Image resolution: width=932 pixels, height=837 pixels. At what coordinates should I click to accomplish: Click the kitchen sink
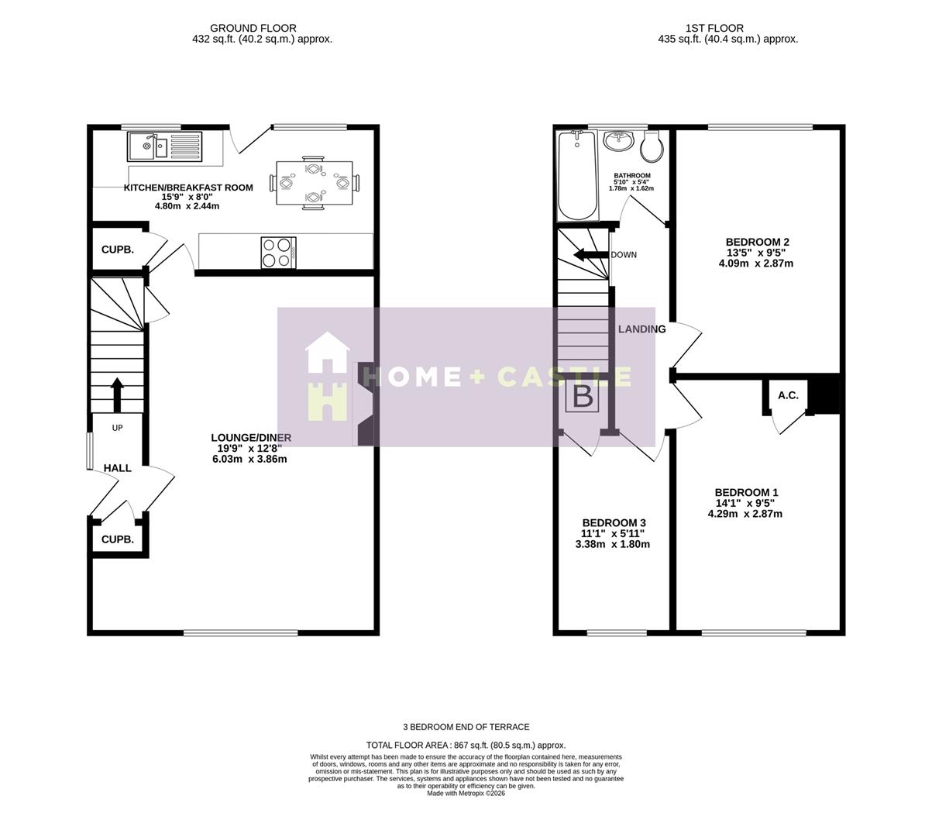[x=163, y=146]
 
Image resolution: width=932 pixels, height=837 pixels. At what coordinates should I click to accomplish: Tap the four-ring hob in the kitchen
[x=278, y=252]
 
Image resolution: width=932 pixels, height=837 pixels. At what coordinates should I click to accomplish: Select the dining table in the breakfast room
[x=314, y=184]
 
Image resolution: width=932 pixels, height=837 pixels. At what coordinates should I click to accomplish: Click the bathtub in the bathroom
[x=577, y=176]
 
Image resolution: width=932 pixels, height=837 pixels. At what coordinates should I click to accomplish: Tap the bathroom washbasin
[x=619, y=141]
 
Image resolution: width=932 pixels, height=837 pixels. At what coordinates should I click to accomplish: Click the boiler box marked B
[x=583, y=398]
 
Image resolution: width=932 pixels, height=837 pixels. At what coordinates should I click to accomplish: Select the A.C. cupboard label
[x=788, y=395]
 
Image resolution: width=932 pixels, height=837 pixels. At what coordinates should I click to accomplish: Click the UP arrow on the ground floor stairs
[x=117, y=395]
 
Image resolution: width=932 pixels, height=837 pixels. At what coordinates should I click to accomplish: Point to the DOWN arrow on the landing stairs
[x=589, y=255]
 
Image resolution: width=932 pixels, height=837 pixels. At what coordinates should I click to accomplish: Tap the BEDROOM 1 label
[x=746, y=493]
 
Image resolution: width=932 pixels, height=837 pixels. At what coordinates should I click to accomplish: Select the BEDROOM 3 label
[x=614, y=523]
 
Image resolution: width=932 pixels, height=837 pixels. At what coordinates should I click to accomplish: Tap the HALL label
[x=118, y=468]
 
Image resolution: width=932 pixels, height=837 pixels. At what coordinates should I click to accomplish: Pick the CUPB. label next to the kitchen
[x=118, y=250]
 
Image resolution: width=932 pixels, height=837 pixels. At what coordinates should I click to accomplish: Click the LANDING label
[x=641, y=329]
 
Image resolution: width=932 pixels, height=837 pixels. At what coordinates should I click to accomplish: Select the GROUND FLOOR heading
[x=253, y=29]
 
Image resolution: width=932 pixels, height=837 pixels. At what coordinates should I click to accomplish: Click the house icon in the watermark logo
[x=328, y=377]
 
